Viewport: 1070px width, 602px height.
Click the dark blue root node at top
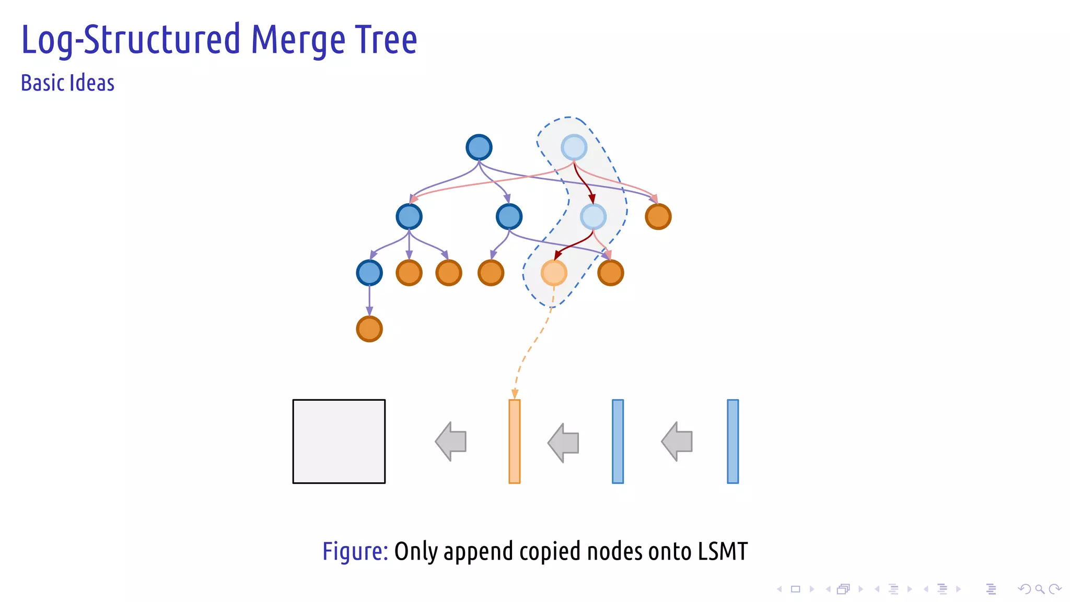click(x=479, y=147)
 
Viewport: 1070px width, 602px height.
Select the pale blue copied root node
click(x=574, y=147)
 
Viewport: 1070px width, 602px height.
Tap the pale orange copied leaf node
click(x=554, y=273)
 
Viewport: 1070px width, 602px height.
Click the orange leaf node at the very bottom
click(x=369, y=329)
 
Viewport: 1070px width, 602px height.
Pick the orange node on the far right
click(x=658, y=216)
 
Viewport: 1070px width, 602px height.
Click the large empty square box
click(x=339, y=442)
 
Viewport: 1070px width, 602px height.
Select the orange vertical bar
click(x=514, y=442)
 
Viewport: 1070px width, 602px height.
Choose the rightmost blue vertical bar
click(x=732, y=442)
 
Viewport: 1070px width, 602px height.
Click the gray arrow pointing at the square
click(x=451, y=442)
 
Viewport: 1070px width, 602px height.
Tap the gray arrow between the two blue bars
click(x=678, y=442)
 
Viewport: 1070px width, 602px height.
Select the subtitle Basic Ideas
click(x=67, y=83)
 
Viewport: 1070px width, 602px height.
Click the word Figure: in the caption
click(x=355, y=551)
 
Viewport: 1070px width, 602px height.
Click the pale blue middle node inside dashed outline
click(x=593, y=216)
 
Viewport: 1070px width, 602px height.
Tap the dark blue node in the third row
click(x=369, y=273)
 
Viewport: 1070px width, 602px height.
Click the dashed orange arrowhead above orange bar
click(x=515, y=394)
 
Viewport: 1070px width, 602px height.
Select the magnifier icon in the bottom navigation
click(x=1040, y=589)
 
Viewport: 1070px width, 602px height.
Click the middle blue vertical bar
click(x=618, y=442)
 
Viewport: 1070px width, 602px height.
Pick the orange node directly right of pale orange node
click(x=610, y=273)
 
